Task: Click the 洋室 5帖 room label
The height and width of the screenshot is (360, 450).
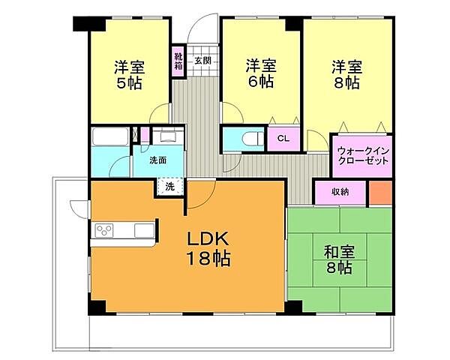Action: coord(128,73)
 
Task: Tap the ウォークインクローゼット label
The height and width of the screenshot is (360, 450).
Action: coord(362,155)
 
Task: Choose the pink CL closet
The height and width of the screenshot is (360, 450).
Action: coord(283,139)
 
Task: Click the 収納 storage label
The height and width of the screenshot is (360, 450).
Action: coord(339,192)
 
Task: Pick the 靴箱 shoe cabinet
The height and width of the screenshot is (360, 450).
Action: coord(178,61)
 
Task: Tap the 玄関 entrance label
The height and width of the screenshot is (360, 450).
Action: coord(202,60)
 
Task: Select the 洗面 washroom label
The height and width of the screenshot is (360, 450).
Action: coord(156,160)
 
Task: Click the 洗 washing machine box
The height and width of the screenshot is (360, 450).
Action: coord(169,187)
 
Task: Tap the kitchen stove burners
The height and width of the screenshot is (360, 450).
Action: coord(104,230)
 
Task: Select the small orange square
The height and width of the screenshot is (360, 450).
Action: coord(380,192)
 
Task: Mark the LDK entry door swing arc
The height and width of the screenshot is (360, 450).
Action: coord(196,196)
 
